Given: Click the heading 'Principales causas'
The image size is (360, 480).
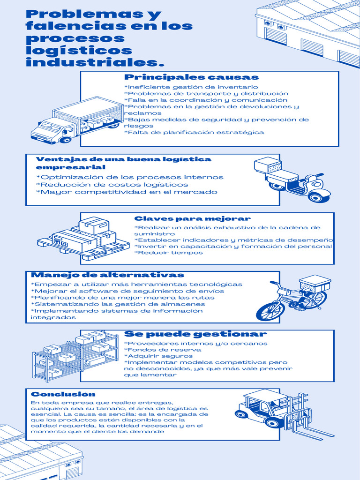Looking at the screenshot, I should (191, 77).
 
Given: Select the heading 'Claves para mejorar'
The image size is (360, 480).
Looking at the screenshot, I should (192, 218).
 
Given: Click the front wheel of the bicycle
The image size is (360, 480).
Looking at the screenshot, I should (270, 311).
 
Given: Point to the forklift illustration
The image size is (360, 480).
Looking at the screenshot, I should (281, 412).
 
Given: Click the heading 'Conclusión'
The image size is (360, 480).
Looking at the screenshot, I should (63, 394).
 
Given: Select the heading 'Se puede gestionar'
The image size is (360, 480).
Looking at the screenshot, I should (195, 334).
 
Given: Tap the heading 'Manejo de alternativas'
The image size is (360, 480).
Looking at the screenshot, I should (107, 275).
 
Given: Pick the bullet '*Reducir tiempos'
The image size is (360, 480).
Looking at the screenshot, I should (168, 253).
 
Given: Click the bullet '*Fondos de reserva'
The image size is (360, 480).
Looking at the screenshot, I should (162, 350).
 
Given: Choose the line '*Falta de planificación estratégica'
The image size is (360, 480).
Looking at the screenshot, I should (194, 132).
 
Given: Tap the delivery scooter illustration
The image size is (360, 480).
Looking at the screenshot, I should (292, 179).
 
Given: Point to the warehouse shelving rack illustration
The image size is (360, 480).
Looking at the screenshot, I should (75, 355).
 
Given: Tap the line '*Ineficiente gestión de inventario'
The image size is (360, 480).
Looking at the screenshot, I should (191, 87).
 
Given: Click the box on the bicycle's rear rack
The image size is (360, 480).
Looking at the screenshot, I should (315, 283).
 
